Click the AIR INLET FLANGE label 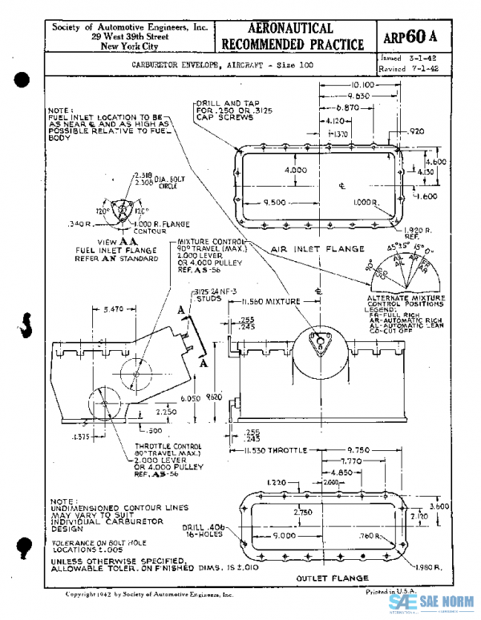click(x=314, y=249)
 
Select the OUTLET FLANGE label click(x=332, y=577)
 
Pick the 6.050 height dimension click(x=190, y=398)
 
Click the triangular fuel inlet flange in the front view click(x=321, y=346)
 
